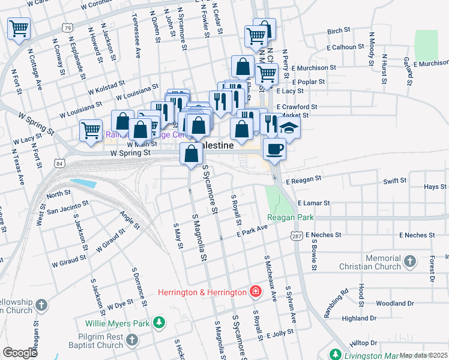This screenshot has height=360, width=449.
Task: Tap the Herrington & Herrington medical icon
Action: point(256,292)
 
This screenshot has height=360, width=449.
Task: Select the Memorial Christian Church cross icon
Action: point(409,262)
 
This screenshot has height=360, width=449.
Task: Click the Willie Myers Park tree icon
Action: point(159,323)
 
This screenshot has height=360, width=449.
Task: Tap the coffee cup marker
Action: point(274,149)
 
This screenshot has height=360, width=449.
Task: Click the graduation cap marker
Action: point(289,128)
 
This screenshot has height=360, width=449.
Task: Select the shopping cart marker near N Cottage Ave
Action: point(19,28)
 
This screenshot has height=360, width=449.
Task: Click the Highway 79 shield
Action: point(67,28)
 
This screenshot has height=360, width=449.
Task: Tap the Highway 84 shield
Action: point(58,163)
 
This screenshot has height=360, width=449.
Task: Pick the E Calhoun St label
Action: point(346,46)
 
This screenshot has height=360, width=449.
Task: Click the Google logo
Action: point(19,353)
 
